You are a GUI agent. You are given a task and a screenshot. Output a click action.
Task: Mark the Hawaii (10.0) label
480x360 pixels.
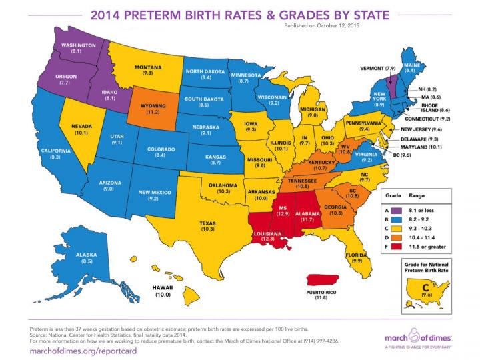[x=163, y=290]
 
